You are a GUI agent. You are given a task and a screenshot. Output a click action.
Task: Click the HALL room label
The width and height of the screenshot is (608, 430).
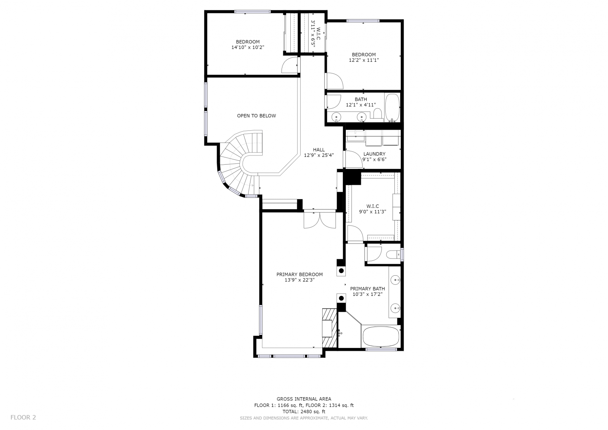pyautogui.click(x=319, y=150)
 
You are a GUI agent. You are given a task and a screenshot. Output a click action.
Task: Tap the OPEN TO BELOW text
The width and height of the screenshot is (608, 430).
pyautogui.click(x=256, y=116)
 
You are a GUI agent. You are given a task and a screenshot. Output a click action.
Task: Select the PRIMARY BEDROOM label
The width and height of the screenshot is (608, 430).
pyautogui.click(x=300, y=275)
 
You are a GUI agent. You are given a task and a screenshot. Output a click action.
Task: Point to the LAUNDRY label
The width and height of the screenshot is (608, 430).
pyautogui.click(x=374, y=154)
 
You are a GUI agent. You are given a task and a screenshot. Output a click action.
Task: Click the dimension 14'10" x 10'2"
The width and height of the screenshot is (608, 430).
pyautogui.click(x=248, y=47)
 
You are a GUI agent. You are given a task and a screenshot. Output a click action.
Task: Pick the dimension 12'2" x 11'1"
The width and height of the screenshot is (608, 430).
pyautogui.click(x=364, y=60)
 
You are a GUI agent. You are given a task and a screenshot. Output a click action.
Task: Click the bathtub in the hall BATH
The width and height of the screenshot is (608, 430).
pyautogui.click(x=392, y=108)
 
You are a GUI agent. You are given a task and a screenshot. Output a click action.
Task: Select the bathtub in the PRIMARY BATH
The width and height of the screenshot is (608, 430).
pyautogui.click(x=381, y=336)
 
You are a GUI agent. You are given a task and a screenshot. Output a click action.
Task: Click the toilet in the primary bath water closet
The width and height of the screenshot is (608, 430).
pyautogui.click(x=393, y=254)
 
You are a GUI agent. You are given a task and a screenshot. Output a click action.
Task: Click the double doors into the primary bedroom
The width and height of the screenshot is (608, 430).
pyautogui.click(x=320, y=220)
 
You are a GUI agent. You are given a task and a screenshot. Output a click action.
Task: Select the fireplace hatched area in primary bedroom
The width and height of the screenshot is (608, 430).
pyautogui.click(x=329, y=328)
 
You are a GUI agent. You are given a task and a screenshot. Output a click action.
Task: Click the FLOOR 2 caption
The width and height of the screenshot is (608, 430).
pyautogui.click(x=23, y=417)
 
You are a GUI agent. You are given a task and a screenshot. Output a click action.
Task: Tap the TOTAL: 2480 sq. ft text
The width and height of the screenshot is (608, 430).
pyautogui.click(x=304, y=412)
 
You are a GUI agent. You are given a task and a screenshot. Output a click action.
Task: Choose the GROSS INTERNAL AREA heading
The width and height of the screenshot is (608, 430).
pyautogui.click(x=304, y=399)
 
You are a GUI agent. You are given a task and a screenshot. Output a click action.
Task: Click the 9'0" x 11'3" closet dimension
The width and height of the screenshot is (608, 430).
pyautogui.click(x=373, y=212)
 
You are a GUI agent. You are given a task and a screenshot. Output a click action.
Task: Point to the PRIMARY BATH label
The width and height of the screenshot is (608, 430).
pyautogui.click(x=367, y=289)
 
